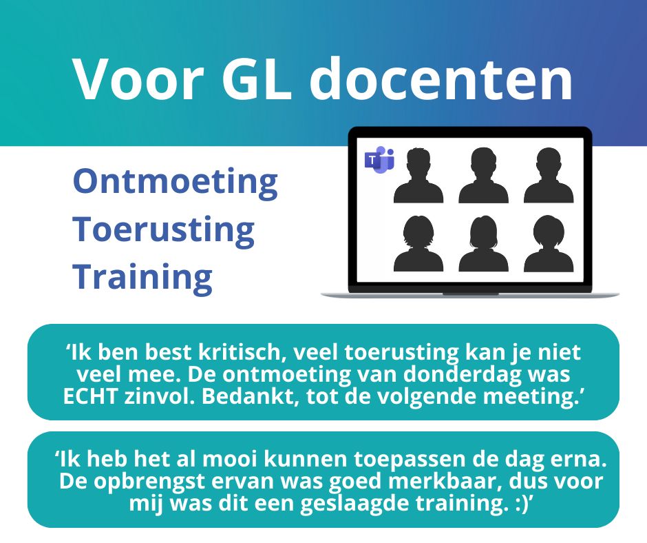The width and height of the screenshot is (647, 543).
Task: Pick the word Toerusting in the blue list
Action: pos(163,229)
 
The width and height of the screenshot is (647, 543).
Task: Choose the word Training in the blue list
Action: pos(142,277)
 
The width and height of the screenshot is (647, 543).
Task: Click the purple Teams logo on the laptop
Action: pos(379,160)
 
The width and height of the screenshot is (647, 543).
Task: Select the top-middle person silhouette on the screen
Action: pos(483,176)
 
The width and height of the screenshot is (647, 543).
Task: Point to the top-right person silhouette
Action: pos(548,176)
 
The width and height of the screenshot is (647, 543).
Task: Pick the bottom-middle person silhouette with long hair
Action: pos(483,244)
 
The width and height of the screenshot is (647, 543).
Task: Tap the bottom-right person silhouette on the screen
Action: pos(548,244)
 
